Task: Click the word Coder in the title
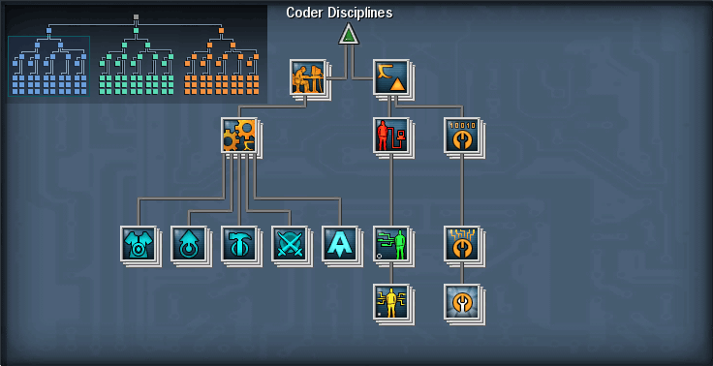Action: point(306,13)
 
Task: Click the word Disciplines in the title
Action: point(360,13)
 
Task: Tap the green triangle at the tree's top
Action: point(349,35)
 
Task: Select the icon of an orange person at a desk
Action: point(306,76)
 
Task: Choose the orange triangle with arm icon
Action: point(390,76)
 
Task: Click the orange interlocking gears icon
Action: point(238,135)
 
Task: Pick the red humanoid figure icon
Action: point(389,135)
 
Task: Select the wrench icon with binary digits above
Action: point(461,135)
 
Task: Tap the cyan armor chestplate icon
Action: point(138,243)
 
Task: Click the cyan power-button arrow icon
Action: point(188,243)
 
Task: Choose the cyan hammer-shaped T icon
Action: point(238,243)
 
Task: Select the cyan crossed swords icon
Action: point(289,243)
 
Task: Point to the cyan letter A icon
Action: point(339,243)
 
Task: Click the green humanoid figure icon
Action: point(390,243)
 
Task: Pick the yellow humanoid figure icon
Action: point(390,301)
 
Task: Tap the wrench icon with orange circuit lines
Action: point(461,243)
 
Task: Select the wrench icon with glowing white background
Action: point(461,301)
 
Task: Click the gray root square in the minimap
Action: point(136,16)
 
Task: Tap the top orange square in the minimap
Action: point(221,31)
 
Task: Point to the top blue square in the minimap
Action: point(48,31)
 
